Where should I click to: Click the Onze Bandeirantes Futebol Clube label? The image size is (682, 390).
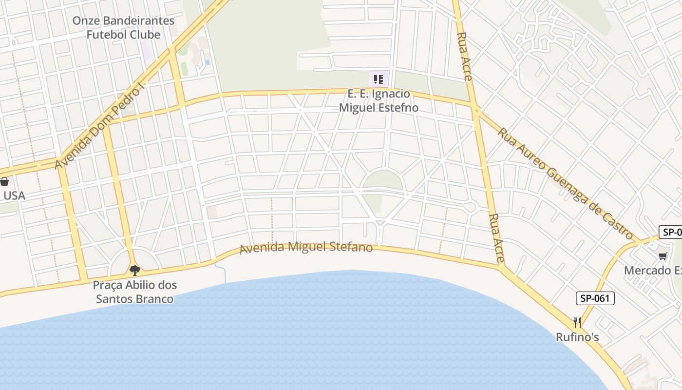coord(123,28)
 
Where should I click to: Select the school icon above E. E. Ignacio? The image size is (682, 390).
coord(379,78)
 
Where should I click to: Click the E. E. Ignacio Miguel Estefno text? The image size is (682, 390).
coord(379,101)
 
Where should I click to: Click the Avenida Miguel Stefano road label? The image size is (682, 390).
coord(306,247)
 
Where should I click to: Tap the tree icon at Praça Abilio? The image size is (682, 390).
coord(135,270)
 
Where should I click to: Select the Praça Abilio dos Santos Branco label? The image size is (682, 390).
coord(135,292)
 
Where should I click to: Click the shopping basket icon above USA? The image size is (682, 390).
coord(4,182)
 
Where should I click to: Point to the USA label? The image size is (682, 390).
coord(14,195)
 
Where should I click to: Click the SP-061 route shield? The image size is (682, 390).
coord(595,298)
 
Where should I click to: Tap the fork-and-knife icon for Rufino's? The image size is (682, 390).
coord(577,323)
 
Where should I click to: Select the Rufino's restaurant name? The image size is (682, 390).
coord(577,337)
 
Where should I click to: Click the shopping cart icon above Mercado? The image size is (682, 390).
coord(663,256)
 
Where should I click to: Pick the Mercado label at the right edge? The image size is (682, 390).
coord(653,270)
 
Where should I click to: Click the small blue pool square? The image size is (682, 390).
coord(208,62)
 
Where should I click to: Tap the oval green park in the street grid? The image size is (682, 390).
coord(383,180)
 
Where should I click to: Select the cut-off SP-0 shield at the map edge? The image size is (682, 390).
coord(671,232)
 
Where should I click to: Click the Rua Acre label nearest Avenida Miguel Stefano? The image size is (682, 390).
coord(496,238)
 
